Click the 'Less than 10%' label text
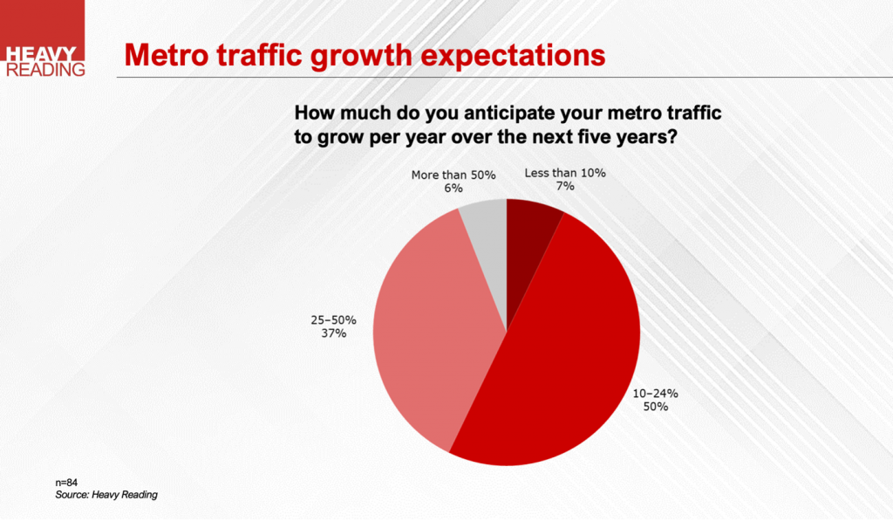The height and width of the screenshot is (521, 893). tap(565, 173)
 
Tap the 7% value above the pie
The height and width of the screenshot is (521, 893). tap(564, 186)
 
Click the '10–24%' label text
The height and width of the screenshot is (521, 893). tap(655, 394)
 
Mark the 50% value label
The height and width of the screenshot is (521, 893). tap(656, 407)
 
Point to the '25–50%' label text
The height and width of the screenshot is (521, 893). tap(332, 320)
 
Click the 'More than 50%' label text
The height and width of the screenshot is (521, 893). tap(453, 175)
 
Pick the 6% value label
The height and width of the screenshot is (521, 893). tap(453, 188)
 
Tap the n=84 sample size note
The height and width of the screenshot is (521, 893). tap(67, 482)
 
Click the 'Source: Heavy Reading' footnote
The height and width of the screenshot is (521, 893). tap(106, 495)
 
